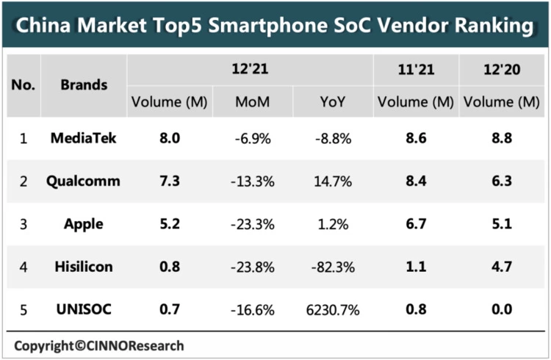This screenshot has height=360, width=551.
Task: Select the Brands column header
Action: point(84,84)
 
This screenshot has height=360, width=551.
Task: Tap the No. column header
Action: point(23,84)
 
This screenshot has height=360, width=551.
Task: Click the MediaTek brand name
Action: point(84,137)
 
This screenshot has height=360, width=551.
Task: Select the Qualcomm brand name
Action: point(84,181)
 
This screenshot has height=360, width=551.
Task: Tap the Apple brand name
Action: point(84,223)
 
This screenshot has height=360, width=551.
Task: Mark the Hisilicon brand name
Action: point(84,267)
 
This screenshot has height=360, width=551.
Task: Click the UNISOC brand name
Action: point(84,309)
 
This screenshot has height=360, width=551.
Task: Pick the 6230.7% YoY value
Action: point(331,309)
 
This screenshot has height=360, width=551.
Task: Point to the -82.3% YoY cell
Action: point(331,267)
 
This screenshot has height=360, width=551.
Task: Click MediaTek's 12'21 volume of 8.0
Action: point(170,137)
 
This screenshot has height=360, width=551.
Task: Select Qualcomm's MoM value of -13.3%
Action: point(251,181)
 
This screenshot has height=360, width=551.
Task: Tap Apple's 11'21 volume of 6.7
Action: point(415,223)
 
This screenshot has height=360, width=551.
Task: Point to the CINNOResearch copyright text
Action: point(99,345)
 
